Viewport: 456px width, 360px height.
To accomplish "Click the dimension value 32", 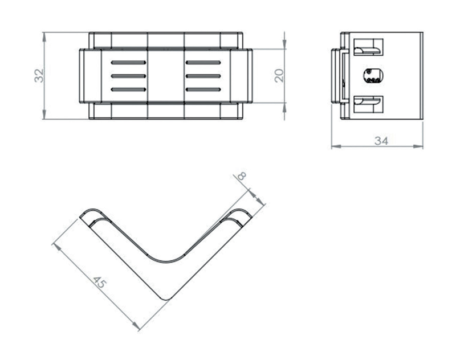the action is [39, 76].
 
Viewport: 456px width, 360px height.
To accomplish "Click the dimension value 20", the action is [279, 76].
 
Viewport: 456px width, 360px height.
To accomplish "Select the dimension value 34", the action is [381, 141].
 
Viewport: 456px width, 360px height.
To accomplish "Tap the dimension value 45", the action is [100, 283].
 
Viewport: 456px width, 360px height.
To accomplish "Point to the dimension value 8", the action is [242, 175].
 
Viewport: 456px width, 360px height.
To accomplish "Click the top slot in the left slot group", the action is [128, 63].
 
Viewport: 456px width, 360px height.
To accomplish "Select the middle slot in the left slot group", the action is [128, 76].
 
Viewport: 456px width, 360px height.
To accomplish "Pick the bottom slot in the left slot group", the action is [128, 89].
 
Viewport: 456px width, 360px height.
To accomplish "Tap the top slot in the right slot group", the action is [203, 63].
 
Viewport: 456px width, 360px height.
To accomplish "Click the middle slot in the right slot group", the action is [203, 76].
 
